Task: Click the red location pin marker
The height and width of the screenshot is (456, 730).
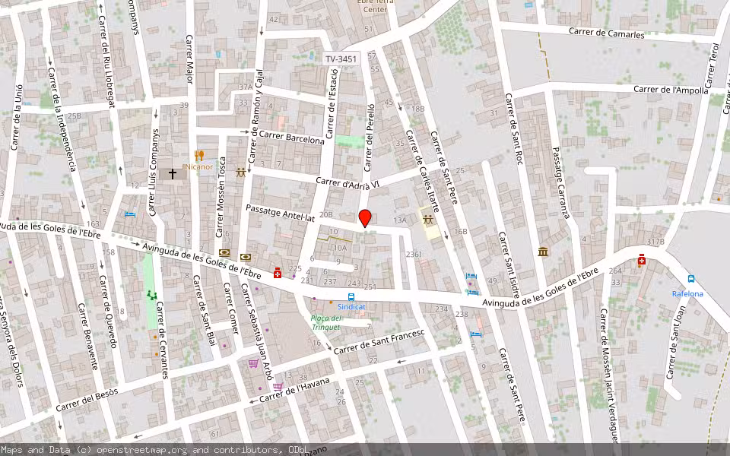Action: pos(365,218)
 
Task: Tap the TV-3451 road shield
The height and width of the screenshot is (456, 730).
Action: pos(340,59)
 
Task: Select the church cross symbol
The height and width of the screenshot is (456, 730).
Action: pos(173,174)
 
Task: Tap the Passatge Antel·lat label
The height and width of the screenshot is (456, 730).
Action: pos(280,212)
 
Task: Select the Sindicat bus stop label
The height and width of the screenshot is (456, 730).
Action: pos(351,306)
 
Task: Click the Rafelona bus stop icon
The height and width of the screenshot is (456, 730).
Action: pos(691,280)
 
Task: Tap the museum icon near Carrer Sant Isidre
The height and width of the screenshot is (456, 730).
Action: pos(543,252)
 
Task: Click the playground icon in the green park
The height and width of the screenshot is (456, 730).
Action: pos(151,295)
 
